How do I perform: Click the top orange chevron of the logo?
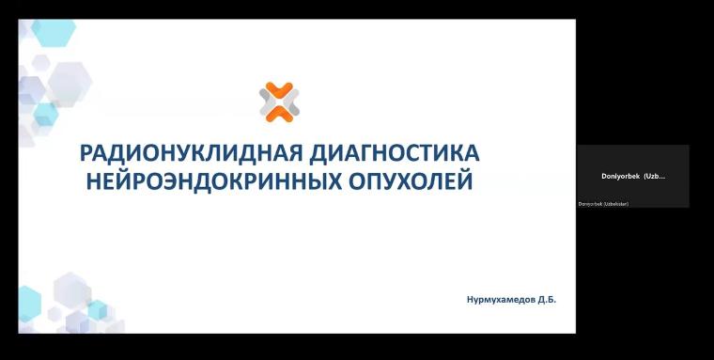279,90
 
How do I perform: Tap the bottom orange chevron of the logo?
279,114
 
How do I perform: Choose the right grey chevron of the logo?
291,102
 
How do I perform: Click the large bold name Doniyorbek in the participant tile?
620,176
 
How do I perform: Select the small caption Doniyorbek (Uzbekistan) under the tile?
604,204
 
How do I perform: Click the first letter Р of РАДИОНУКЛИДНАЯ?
86,154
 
